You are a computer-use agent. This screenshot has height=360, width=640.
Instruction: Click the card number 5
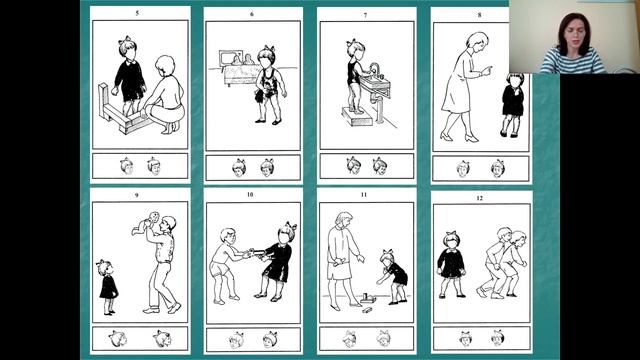point(137,13)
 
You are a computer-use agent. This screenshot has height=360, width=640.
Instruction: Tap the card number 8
point(479,15)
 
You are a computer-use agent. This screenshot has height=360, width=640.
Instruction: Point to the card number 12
point(479,198)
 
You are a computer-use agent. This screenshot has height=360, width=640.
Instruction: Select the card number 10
point(250,195)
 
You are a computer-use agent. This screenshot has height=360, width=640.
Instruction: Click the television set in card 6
point(231,58)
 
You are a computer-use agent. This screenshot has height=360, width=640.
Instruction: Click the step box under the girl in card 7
point(357,116)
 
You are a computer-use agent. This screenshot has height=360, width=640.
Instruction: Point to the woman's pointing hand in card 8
point(486,71)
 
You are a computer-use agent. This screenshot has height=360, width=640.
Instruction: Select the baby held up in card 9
point(146,223)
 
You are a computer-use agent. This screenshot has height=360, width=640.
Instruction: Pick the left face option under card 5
point(127,166)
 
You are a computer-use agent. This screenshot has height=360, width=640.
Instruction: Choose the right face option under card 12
point(498,338)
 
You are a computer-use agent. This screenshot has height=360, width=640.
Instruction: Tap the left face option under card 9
point(118,339)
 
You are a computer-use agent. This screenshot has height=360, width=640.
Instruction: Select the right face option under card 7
point(380,166)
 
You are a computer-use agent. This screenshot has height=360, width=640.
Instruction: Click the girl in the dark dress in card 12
point(451,264)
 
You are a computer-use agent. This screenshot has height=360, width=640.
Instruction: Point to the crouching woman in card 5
point(164,95)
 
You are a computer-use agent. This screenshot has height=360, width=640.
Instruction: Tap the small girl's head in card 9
point(105,268)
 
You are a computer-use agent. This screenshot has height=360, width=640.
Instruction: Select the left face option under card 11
point(349,339)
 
